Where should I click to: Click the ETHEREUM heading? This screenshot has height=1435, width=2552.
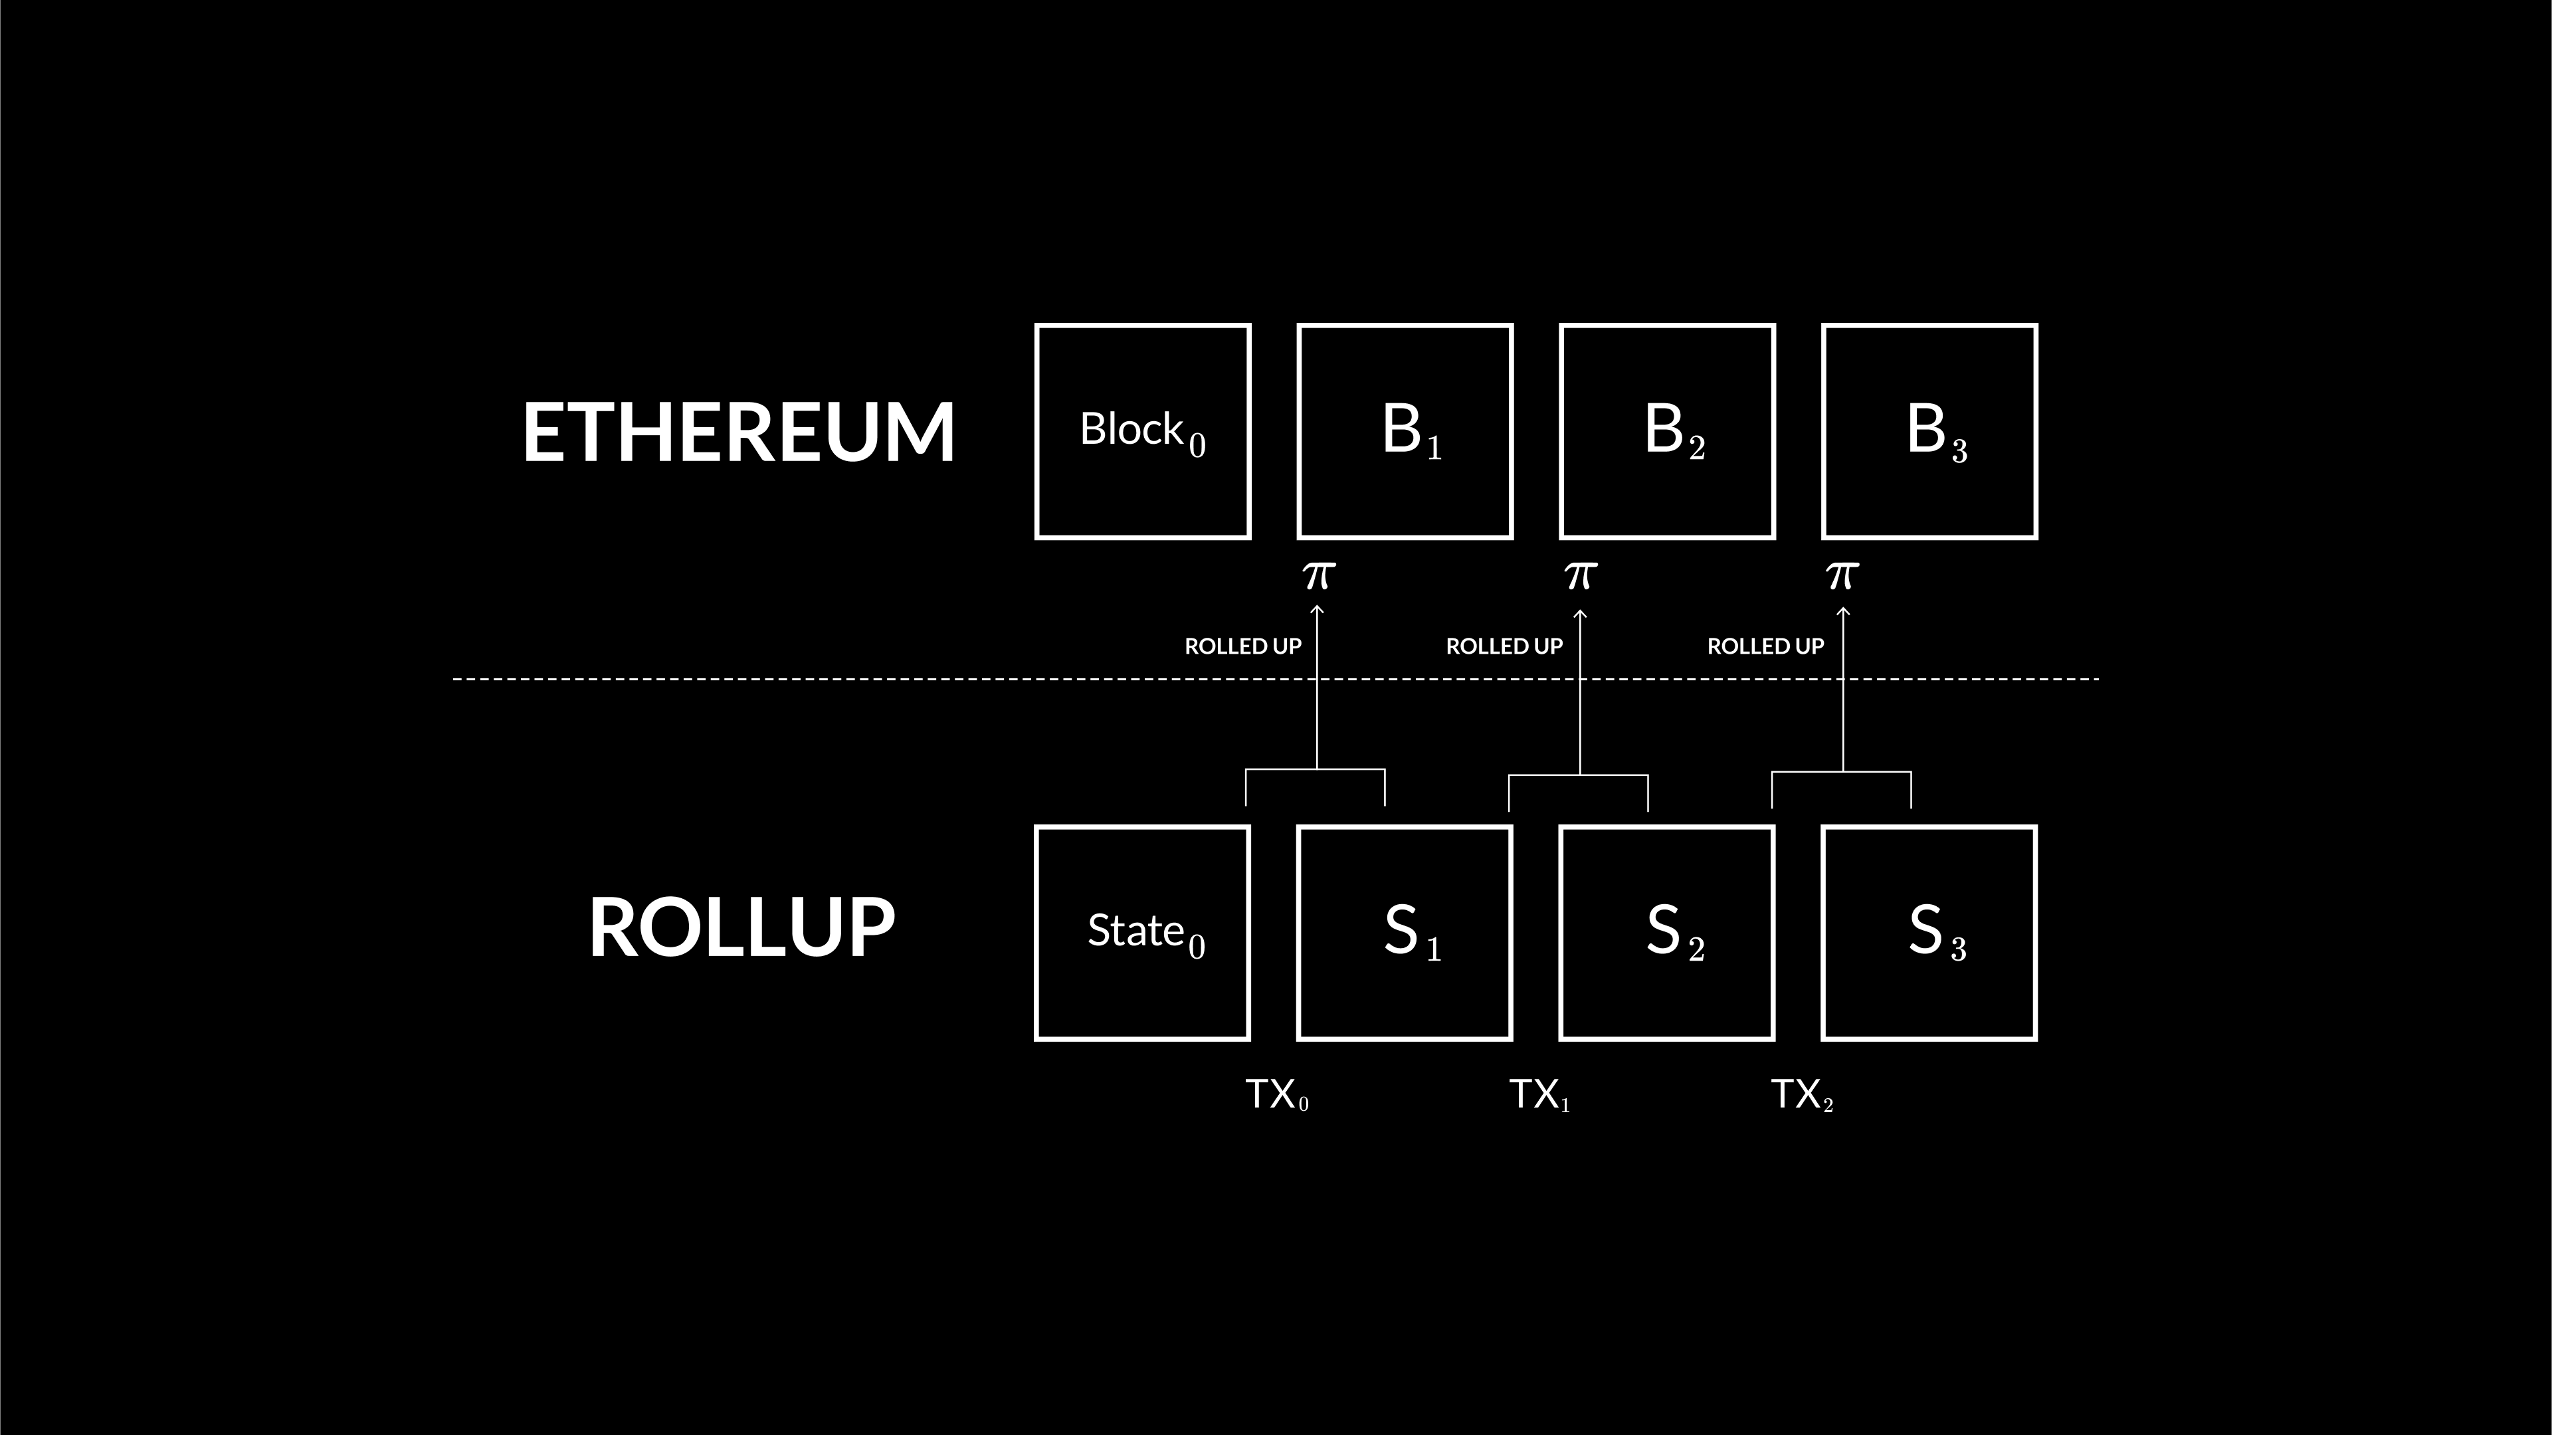[x=738, y=432]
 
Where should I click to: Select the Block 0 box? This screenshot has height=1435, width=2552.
[x=1142, y=432]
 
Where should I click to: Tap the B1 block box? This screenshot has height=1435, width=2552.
[x=1405, y=432]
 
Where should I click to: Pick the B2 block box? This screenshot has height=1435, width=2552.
[x=1667, y=432]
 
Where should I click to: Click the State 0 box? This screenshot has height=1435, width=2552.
[x=1142, y=933]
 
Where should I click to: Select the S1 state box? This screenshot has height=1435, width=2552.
[x=1405, y=933]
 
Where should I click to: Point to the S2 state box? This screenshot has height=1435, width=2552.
[x=1667, y=933]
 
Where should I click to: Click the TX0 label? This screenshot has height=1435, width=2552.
[x=1276, y=1094]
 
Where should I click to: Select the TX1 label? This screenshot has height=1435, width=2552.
[x=1539, y=1094]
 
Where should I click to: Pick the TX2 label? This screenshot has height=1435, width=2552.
[x=1801, y=1094]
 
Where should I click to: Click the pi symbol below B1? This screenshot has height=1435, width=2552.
[x=1318, y=575]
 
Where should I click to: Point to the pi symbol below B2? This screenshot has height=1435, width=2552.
[x=1580, y=575]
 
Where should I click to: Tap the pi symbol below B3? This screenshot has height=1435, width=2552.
[x=1842, y=575]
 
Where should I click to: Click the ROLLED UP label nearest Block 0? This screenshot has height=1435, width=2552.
[x=1242, y=646]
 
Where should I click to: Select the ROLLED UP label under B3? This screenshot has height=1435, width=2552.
[x=1765, y=646]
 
